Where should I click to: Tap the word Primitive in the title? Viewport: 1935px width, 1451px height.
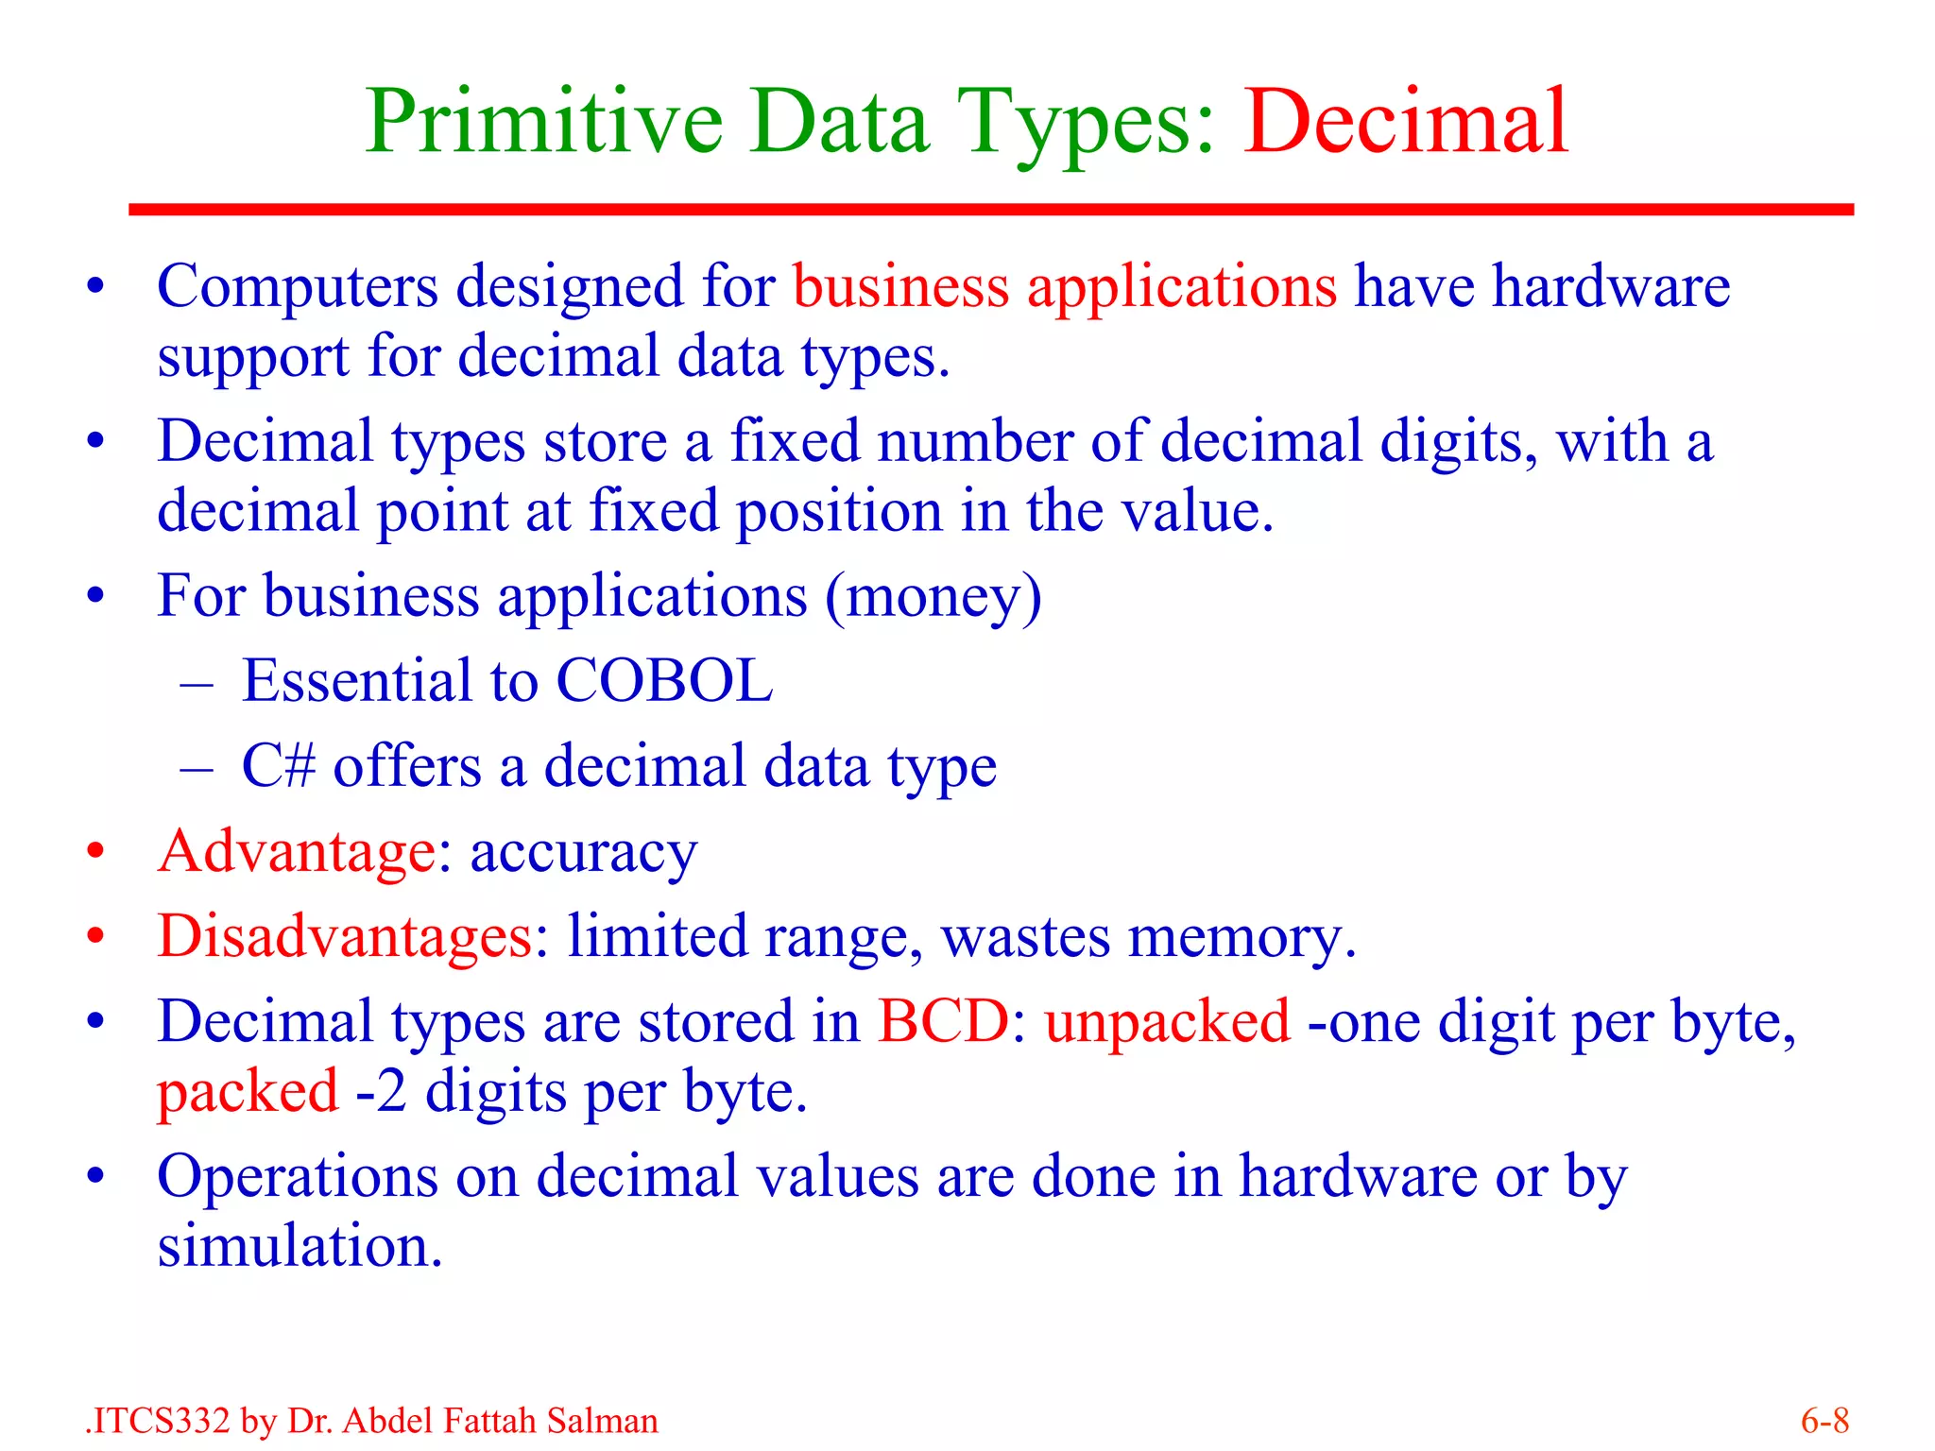544,123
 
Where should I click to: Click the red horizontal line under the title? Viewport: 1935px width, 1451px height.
990,210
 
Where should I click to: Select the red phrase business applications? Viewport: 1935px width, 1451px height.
1064,286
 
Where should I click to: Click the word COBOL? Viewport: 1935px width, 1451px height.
664,680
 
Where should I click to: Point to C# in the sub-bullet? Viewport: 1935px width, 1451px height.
278,765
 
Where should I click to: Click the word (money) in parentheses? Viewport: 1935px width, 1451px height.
933,597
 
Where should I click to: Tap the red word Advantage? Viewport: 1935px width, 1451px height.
297,851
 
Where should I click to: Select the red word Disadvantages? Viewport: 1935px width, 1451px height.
345,936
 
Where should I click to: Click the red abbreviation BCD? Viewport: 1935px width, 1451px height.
943,1022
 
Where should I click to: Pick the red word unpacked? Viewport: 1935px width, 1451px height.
1167,1022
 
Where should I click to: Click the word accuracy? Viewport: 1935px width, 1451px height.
583,853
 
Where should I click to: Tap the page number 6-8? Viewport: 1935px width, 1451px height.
1824,1421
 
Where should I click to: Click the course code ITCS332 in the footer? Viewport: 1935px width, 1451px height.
161,1421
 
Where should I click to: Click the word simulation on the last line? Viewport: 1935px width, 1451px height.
299,1246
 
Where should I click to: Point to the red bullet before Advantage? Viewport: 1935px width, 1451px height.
94,852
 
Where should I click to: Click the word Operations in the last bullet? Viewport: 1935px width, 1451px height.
297,1178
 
